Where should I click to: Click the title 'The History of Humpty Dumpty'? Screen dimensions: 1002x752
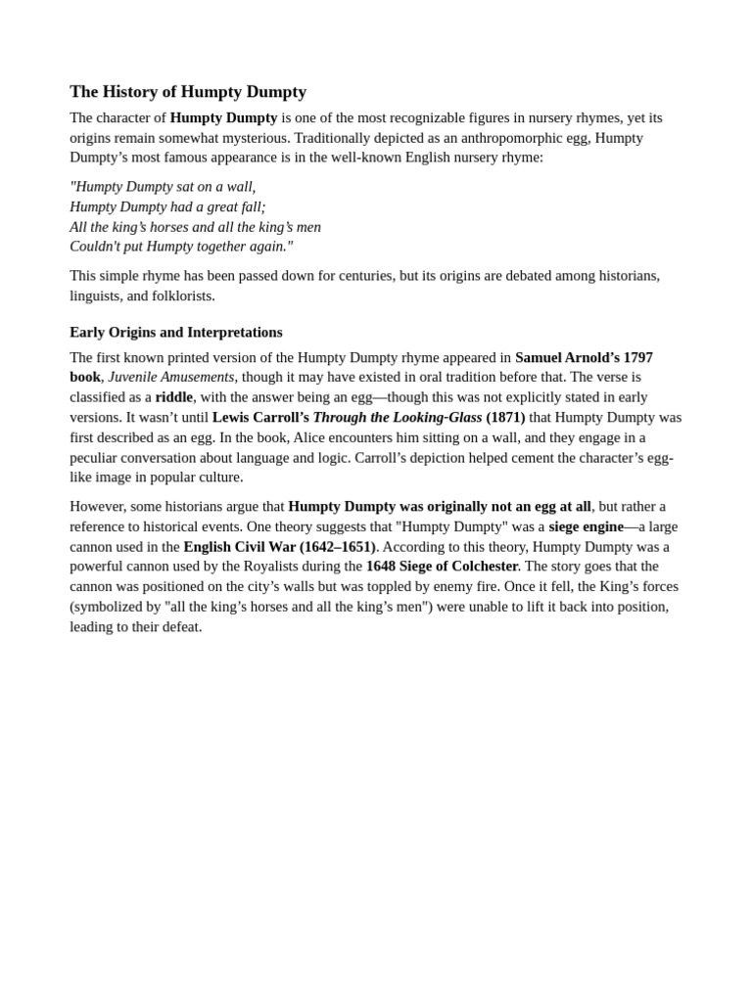[188, 92]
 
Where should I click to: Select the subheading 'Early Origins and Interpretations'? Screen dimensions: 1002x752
[176, 332]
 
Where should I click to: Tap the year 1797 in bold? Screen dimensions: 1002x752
[636, 358]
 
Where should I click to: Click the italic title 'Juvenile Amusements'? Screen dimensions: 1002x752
[171, 378]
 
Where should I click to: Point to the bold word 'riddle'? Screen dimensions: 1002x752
[173, 397]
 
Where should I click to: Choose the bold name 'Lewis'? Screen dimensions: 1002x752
[233, 418]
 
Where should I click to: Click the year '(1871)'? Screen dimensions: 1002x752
[505, 418]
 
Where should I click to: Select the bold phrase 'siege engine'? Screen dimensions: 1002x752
[586, 526]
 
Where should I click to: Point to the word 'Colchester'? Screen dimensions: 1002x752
[482, 567]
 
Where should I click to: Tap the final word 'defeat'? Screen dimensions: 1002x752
[179, 626]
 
